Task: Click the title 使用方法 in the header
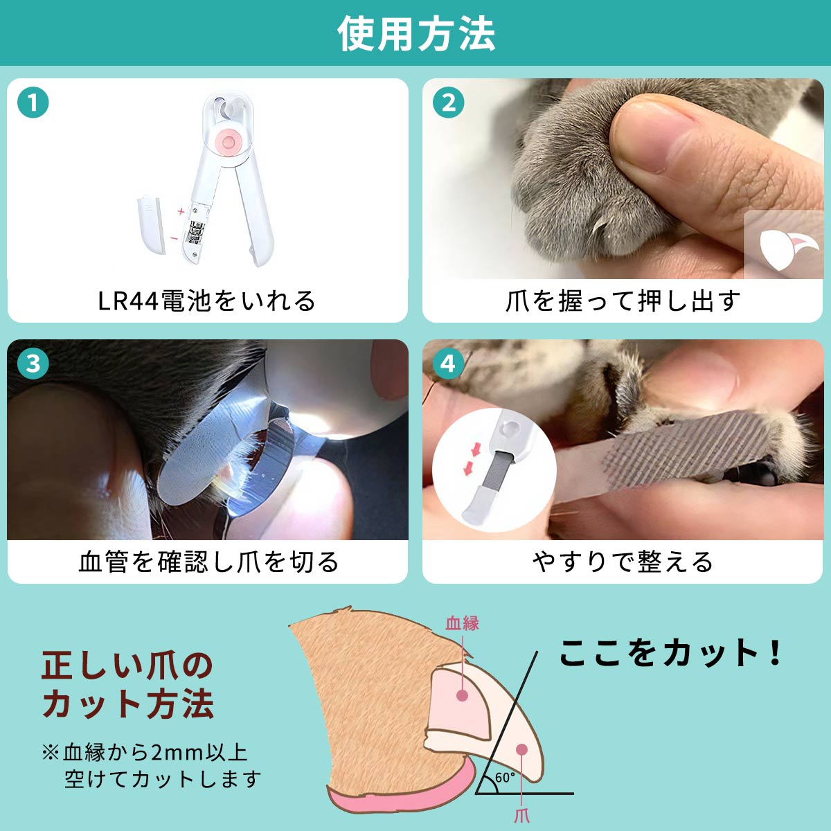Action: [415, 34]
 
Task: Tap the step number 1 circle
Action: [33, 102]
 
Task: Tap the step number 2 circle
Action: [448, 102]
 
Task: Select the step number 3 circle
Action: [33, 364]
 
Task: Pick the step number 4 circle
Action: [448, 364]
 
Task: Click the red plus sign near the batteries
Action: [181, 211]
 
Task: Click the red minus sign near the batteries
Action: [174, 238]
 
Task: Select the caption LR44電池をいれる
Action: [207, 301]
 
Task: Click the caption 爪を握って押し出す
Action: [623, 301]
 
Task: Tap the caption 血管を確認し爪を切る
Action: [208, 562]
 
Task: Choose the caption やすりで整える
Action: [623, 562]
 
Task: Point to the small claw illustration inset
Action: [783, 244]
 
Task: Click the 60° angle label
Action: [505, 778]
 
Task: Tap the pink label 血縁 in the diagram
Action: [463, 623]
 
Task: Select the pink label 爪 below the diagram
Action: [521, 816]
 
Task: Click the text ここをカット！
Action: [670, 652]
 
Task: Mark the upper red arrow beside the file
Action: [476, 451]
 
